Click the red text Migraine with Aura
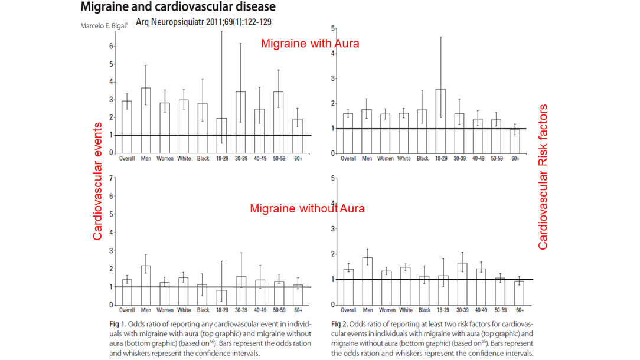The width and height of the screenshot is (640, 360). pos(309,44)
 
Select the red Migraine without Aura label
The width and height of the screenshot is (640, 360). pos(307,208)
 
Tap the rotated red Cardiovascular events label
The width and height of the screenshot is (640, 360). pos(98,181)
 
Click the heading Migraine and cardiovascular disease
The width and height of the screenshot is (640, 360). pos(177,8)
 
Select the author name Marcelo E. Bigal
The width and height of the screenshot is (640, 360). pos(105,26)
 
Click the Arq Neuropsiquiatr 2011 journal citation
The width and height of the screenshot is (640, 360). pos(203,22)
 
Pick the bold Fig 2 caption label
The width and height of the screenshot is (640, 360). pos(339,324)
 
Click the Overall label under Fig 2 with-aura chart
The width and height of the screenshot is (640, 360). pos(348,159)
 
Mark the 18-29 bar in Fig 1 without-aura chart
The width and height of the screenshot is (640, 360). pos(222,297)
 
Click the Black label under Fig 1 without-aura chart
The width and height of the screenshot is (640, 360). pos(203,310)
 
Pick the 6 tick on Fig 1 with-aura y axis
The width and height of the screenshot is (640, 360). pos(111,46)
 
